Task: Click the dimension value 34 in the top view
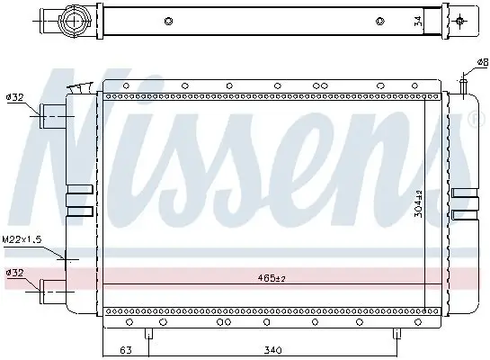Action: click(x=416, y=21)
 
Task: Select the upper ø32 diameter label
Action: click(x=14, y=97)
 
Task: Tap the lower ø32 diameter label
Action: click(x=14, y=271)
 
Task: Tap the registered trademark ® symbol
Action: click(x=474, y=119)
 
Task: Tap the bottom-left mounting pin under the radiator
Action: click(x=149, y=333)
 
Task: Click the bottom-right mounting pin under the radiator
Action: click(x=396, y=333)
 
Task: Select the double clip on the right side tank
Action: click(x=466, y=203)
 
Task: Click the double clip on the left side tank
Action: click(x=79, y=203)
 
